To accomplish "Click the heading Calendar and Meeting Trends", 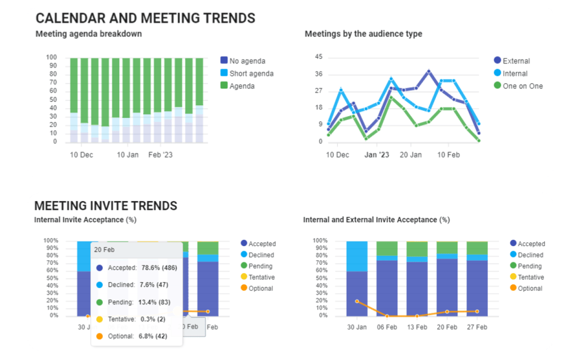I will pos(145,18).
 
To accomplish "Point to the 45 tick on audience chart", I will pos(319,57).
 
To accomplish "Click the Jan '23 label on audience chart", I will pos(377,155).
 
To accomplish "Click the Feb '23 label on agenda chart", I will pos(160,155).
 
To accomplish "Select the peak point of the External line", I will pos(428,71).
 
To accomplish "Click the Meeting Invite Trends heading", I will pos(106,206).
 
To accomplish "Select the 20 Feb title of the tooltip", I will pos(105,250).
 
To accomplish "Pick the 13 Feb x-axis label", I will pos(417,327).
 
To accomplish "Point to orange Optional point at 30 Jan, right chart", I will pos(357,301).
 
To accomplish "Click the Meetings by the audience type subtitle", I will pos(363,34).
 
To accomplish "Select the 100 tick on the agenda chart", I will pos(51,57).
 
